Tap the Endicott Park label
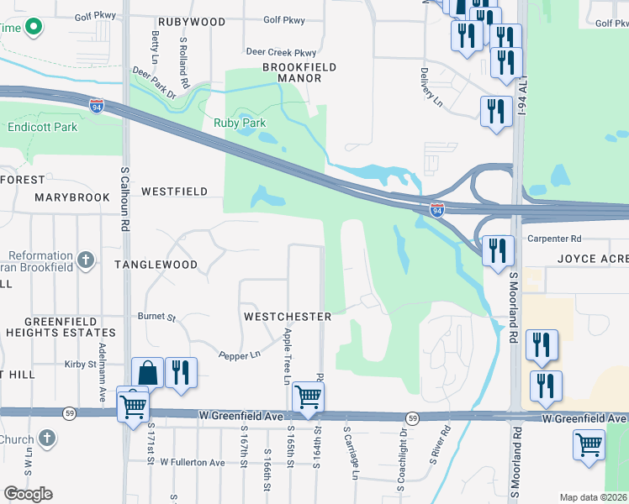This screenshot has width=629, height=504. click(x=42, y=128)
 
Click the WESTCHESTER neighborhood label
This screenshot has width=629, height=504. click(x=287, y=317)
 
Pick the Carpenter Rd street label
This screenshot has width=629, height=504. click(x=555, y=239)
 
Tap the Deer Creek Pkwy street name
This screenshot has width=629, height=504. click(x=281, y=52)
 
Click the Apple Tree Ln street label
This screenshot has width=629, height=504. click(x=287, y=355)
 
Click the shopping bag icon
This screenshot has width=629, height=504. click(x=147, y=372)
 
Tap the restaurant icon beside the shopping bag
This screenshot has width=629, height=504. click(x=181, y=371)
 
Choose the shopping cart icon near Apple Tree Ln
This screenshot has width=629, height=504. click(x=309, y=396)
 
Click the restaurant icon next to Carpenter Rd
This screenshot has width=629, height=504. click(x=498, y=249)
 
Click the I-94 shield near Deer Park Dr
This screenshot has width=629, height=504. click(x=97, y=105)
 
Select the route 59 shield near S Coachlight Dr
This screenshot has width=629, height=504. click(x=412, y=417)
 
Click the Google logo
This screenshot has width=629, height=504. click(x=28, y=494)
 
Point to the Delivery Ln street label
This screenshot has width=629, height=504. click(x=431, y=87)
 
